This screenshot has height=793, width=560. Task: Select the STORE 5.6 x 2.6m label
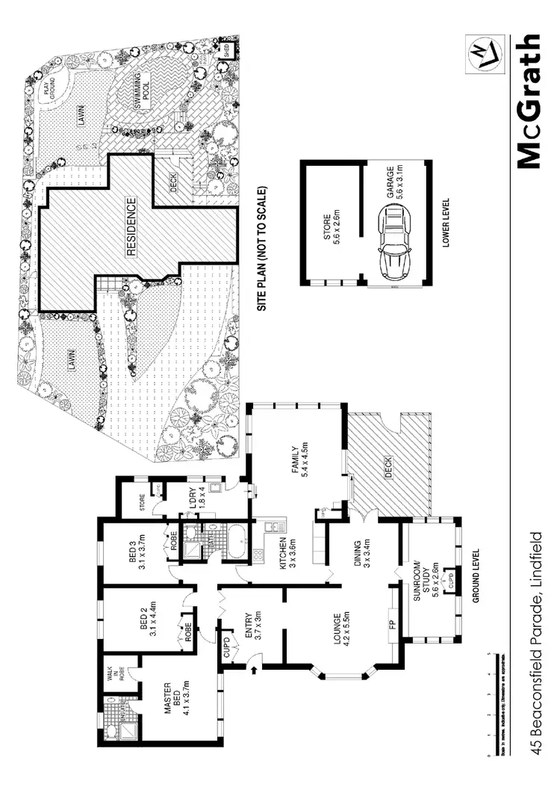(x=331, y=223)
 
